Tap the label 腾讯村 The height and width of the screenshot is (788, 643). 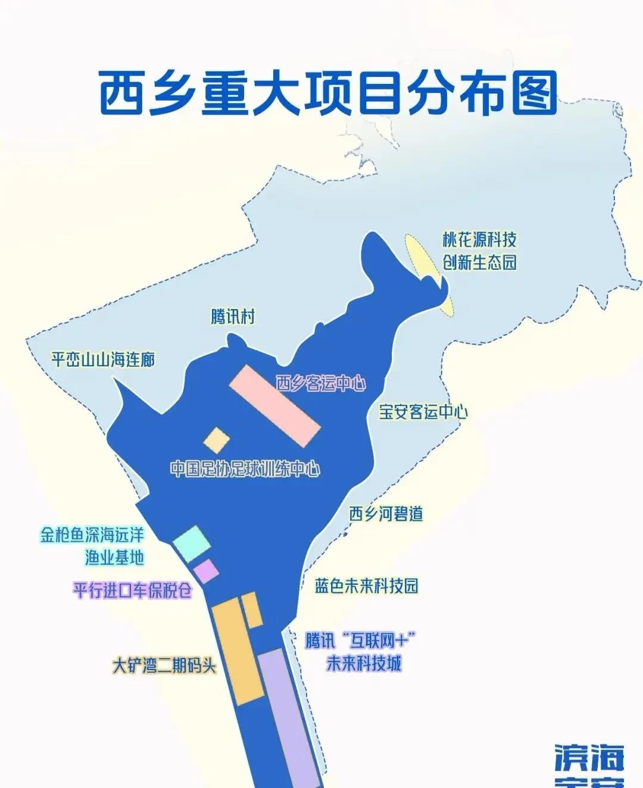pyautogui.click(x=233, y=316)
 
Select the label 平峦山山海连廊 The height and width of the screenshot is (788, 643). pyautogui.click(x=103, y=359)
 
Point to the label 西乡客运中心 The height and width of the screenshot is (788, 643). pyautogui.click(x=320, y=384)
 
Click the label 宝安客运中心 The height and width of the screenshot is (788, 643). pyautogui.click(x=423, y=412)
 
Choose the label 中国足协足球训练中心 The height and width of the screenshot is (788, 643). pyautogui.click(x=245, y=469)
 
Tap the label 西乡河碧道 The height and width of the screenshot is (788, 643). pyautogui.click(x=386, y=514)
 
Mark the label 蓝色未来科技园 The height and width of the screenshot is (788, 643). pyautogui.click(x=366, y=586)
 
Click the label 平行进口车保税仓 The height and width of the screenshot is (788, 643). pyautogui.click(x=133, y=590)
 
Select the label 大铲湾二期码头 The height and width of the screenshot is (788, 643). pyautogui.click(x=164, y=665)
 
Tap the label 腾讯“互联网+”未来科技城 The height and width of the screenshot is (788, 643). pyautogui.click(x=360, y=652)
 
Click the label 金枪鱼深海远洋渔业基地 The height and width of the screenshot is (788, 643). pyautogui.click(x=92, y=545)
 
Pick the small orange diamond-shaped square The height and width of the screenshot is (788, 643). pyautogui.click(x=217, y=440)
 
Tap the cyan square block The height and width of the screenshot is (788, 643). pyautogui.click(x=191, y=543)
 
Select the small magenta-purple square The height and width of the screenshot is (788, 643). pyautogui.click(x=207, y=571)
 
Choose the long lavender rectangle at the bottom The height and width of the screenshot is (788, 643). pyautogui.click(x=288, y=717)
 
